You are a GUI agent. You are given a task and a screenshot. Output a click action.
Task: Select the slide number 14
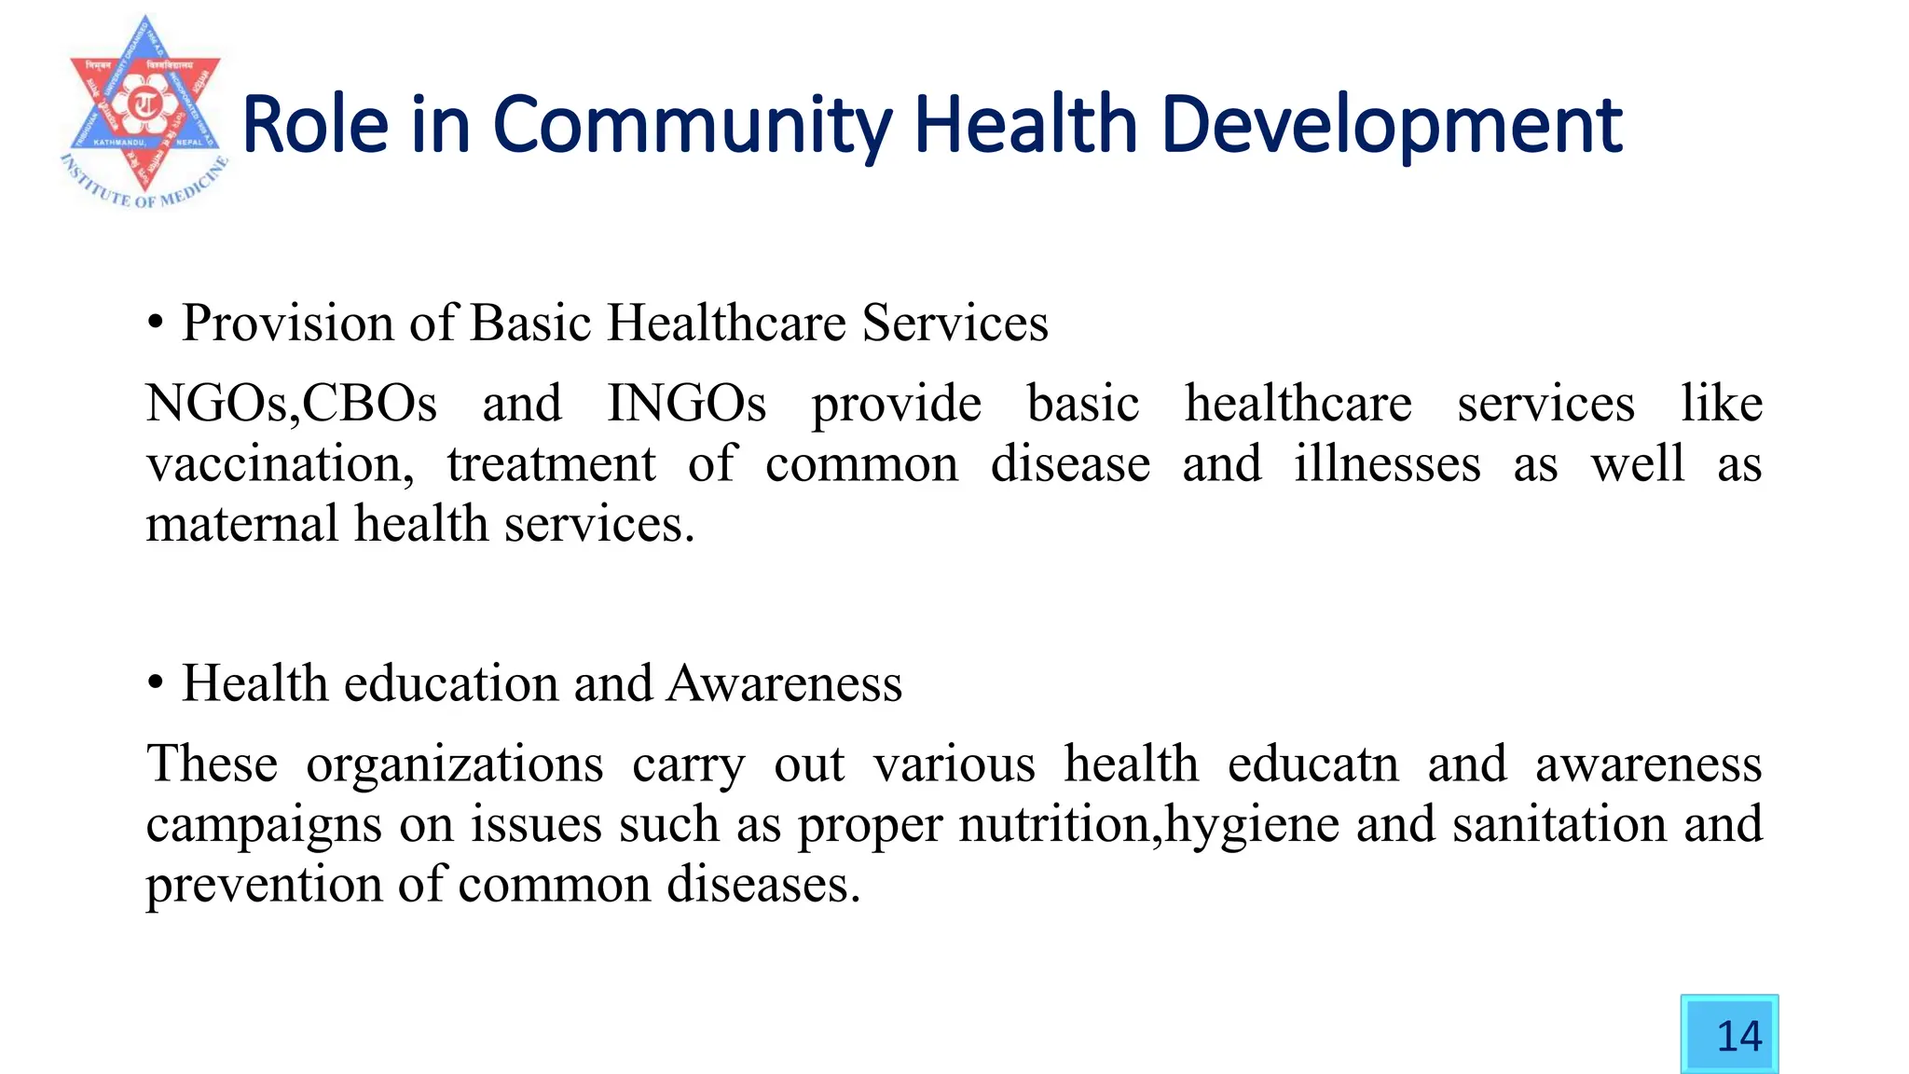[x=1738, y=1036]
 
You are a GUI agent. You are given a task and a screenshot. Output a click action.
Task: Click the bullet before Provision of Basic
[x=156, y=324]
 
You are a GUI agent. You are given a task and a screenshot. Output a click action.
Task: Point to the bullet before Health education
[x=156, y=683]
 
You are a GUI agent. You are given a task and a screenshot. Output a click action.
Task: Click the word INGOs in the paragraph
[x=686, y=404]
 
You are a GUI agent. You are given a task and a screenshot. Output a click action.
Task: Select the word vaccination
[x=280, y=464]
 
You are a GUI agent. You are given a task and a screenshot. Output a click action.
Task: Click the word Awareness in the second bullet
[x=784, y=683]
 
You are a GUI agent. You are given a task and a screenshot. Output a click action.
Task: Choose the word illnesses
[x=1386, y=464]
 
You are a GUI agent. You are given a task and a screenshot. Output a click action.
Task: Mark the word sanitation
[x=1559, y=824]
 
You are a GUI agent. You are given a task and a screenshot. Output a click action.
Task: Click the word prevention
[x=264, y=885]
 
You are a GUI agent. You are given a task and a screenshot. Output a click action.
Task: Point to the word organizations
[x=454, y=764]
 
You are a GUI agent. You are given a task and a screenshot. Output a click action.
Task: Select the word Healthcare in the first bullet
[x=726, y=324]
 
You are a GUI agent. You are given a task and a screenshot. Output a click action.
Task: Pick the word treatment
[x=551, y=464]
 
